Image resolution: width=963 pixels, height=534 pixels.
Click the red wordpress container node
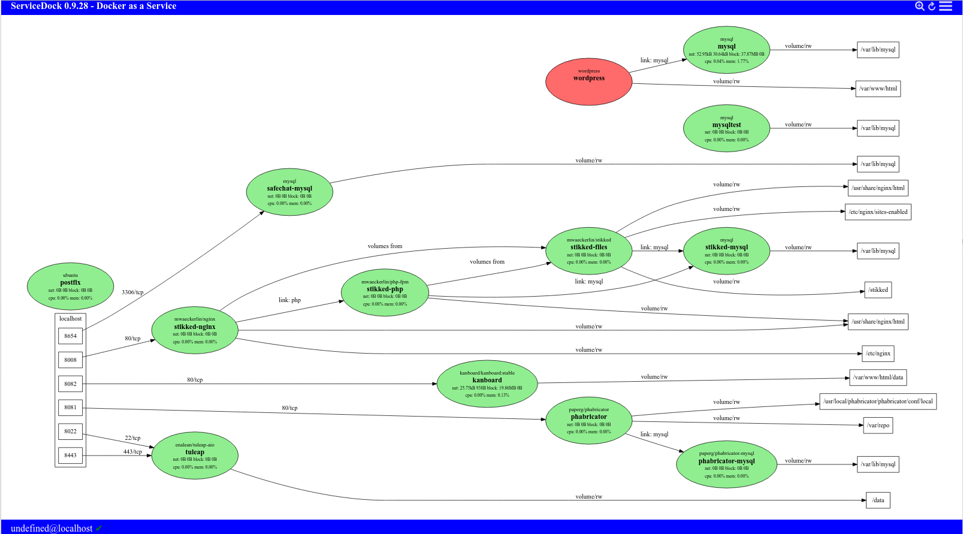588,82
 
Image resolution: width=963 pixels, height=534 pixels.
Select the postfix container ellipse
70,286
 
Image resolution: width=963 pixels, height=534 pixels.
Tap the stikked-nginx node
195,330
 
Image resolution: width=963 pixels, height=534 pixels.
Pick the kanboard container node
487,384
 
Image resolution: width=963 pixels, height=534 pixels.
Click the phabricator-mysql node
726,464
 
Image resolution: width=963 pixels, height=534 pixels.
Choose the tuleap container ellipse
195,455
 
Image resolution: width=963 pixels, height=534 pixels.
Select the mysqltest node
726,128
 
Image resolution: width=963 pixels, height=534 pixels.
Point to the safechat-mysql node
289,192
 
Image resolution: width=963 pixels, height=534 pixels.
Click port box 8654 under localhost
70,336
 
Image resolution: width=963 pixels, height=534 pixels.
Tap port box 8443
70,455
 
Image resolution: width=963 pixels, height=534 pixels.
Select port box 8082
70,384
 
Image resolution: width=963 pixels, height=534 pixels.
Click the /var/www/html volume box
878,89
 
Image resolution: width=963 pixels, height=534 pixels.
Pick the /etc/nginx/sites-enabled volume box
878,212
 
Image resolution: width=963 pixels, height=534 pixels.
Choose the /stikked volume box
878,290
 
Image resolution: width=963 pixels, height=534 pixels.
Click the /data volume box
878,500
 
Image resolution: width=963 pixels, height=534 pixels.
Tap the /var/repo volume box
878,426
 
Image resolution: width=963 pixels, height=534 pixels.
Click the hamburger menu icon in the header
946,6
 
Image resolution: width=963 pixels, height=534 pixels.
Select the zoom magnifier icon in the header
919,6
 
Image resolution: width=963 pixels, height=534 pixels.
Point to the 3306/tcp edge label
132,292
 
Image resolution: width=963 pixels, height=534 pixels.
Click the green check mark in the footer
99,528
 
